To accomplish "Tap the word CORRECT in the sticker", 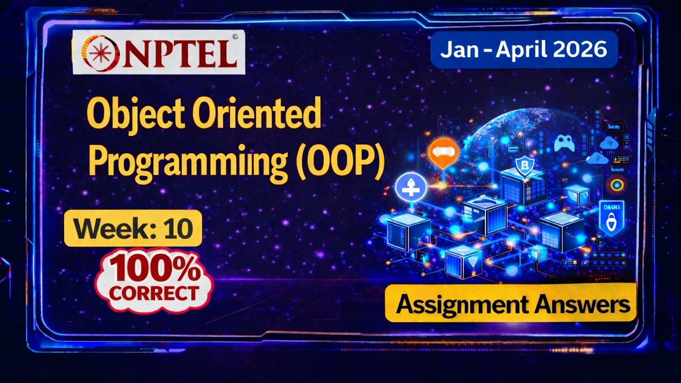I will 154,293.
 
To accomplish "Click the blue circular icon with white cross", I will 411,188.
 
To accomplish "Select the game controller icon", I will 564,143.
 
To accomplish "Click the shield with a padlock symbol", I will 611,218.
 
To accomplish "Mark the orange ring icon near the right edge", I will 617,185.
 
